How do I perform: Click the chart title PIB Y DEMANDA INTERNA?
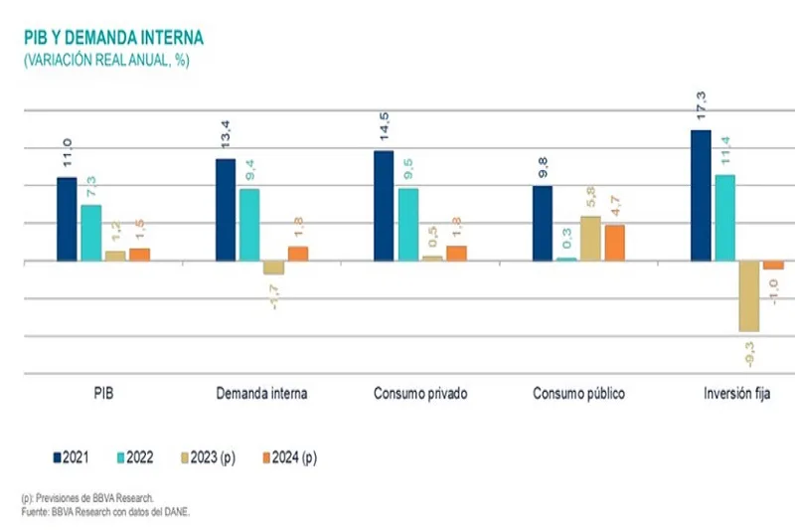[x=113, y=38]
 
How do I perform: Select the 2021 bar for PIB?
[x=67, y=219]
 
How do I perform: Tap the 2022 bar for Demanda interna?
[x=249, y=225]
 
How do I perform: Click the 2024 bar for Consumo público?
[x=615, y=243]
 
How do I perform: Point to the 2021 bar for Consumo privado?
[x=384, y=206]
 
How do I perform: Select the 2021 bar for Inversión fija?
[x=701, y=195]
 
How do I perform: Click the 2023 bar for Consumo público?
[x=590, y=239]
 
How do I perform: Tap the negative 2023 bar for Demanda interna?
[x=273, y=267]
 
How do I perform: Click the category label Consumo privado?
[x=420, y=393]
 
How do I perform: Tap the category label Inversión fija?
[x=738, y=393]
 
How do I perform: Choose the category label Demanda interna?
[x=261, y=393]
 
